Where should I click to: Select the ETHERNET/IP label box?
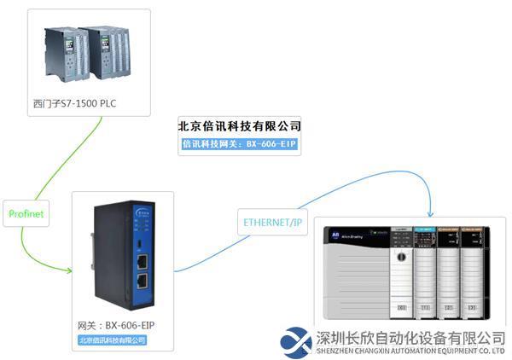(x=273, y=224)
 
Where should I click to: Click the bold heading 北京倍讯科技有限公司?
(x=239, y=126)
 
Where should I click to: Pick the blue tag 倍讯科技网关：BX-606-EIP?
(x=239, y=145)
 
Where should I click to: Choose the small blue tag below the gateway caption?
(x=112, y=340)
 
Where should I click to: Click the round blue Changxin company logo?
(x=296, y=341)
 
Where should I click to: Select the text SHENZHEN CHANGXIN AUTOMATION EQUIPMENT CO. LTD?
(x=410, y=351)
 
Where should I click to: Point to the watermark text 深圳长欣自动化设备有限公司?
(x=410, y=337)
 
